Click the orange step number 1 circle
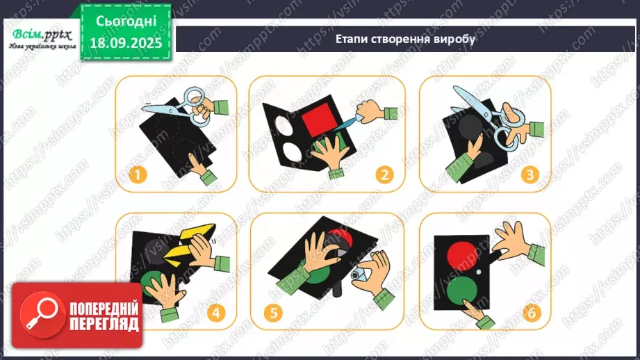(137, 175)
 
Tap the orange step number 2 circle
(384, 175)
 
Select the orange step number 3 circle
(530, 175)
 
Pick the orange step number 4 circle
(216, 313)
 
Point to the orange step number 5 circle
(273, 313)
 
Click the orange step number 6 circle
(532, 313)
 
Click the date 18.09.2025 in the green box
(126, 43)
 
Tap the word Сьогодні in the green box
(126, 22)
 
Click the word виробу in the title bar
(455, 39)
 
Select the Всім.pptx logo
(42, 38)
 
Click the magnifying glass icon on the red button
(42, 314)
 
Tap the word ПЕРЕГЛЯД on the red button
(104, 325)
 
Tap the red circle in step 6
(462, 255)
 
